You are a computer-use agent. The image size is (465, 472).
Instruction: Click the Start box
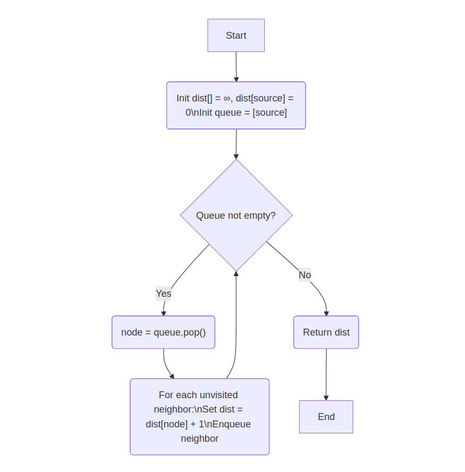click(x=236, y=36)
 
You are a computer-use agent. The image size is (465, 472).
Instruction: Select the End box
click(x=326, y=417)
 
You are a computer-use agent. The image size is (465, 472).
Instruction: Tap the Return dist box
click(x=326, y=332)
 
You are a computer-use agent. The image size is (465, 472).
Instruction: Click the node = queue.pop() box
click(x=163, y=332)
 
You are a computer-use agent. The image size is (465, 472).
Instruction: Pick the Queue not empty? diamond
click(x=236, y=216)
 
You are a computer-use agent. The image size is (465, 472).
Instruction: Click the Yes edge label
click(x=163, y=293)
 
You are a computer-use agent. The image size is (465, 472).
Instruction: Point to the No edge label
click(x=305, y=275)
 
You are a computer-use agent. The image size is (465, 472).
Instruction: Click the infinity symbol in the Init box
click(x=227, y=98)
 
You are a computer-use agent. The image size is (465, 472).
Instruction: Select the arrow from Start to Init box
click(x=236, y=66)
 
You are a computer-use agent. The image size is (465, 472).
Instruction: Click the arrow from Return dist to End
click(x=326, y=374)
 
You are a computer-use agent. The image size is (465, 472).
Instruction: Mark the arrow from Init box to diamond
click(x=236, y=144)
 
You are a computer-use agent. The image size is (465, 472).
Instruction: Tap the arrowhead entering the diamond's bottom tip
click(x=236, y=274)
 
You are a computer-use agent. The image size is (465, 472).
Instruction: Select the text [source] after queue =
click(x=269, y=113)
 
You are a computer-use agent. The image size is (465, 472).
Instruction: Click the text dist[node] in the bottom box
click(x=167, y=424)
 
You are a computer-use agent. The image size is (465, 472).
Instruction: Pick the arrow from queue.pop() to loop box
click(x=166, y=366)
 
